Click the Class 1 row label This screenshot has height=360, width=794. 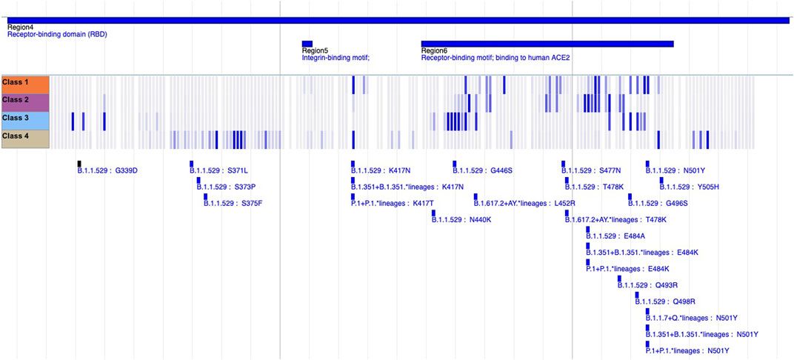pos(25,83)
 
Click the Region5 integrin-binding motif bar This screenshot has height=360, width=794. pos(307,44)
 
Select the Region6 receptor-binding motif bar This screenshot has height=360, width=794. pos(547,44)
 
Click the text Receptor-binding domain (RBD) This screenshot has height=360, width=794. pos(57,34)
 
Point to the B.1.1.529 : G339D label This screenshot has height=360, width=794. pos(107,171)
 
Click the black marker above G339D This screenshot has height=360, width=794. pos(79,163)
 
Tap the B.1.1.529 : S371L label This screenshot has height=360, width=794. pos(219,171)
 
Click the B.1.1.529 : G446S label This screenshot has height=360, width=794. pos(483,171)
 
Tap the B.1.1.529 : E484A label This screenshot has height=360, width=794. pos(615,236)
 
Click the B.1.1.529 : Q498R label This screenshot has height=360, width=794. pos(666,301)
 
